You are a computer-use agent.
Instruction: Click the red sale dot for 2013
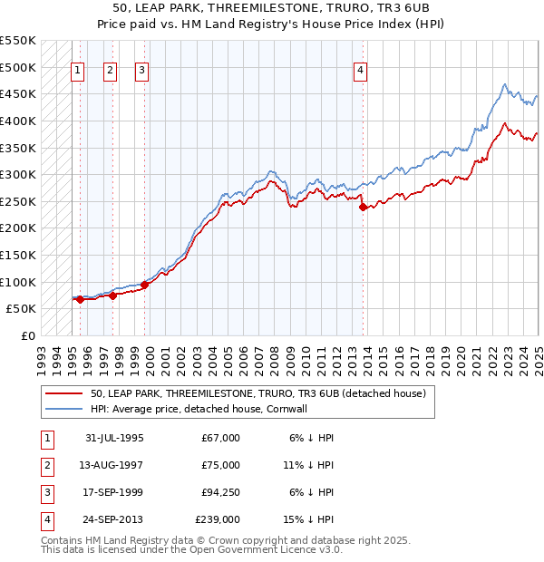tap(364, 208)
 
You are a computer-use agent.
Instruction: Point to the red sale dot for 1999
tap(145, 285)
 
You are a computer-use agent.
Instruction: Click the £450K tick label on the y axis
tap(17, 93)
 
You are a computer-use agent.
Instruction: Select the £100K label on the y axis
tap(17, 282)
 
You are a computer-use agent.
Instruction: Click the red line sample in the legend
tap(63, 394)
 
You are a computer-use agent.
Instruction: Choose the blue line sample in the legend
tap(63, 409)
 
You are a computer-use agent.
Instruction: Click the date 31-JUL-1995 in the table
tap(114, 438)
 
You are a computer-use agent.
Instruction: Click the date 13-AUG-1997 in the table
tap(114, 465)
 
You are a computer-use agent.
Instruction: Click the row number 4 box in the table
tap(45, 519)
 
